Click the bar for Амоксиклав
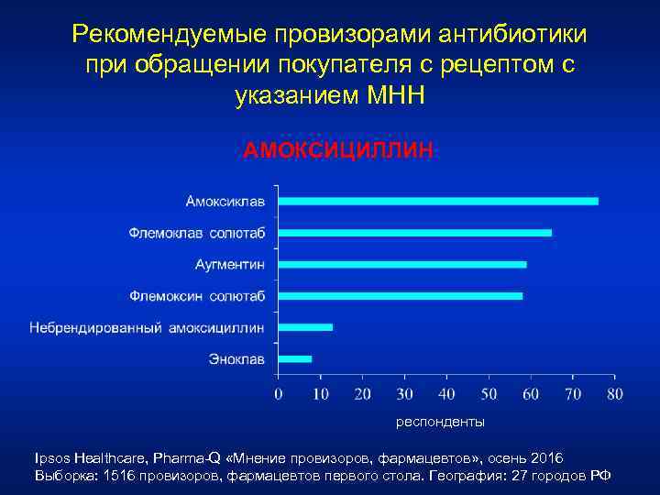click(x=437, y=201)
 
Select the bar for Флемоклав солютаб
click(x=414, y=233)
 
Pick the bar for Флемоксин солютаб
click(x=400, y=296)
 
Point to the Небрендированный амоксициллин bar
click(x=305, y=327)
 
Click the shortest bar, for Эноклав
click(x=294, y=359)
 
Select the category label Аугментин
click(x=230, y=264)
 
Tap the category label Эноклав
click(x=236, y=359)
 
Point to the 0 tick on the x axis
click(x=278, y=394)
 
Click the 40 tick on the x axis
click(x=446, y=394)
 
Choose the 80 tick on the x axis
click(x=614, y=394)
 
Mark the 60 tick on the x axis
click(x=531, y=394)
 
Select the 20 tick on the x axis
click(x=362, y=394)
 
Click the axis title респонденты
click(x=439, y=423)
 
